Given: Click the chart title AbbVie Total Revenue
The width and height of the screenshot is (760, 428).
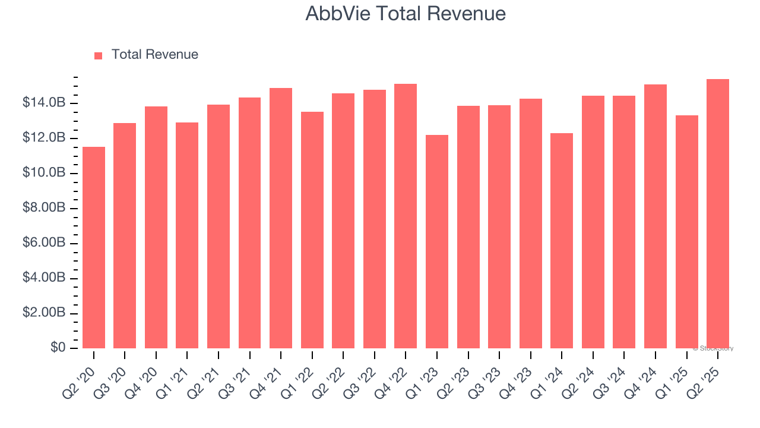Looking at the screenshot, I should (x=406, y=14).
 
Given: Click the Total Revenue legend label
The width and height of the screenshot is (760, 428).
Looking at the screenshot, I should (x=154, y=55).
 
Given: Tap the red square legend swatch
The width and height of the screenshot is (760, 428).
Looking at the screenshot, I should (x=99, y=55).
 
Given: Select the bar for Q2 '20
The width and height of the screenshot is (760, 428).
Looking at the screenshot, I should (x=94, y=247).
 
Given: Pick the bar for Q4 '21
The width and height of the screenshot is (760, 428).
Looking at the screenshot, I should (x=281, y=218).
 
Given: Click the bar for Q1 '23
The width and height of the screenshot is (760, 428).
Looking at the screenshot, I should (x=437, y=241).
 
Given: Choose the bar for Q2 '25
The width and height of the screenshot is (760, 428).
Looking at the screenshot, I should (x=718, y=213).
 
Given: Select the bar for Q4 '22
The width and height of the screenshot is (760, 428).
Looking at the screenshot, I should (x=406, y=216).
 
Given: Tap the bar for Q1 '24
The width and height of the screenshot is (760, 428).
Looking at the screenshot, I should (x=562, y=241).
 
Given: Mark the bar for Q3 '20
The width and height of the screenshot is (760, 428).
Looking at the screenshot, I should (x=125, y=235).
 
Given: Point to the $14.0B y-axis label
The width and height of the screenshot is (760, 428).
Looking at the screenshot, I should (x=44, y=103).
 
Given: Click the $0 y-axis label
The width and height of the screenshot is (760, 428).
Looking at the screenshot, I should (x=58, y=348).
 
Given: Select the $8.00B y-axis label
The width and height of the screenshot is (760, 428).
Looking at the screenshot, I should (x=44, y=208).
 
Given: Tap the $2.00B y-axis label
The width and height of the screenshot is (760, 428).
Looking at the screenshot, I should (x=44, y=313).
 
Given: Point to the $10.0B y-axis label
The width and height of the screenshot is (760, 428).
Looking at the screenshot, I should (x=44, y=173).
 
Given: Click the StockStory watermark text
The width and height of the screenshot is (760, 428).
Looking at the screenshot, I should (x=713, y=348).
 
